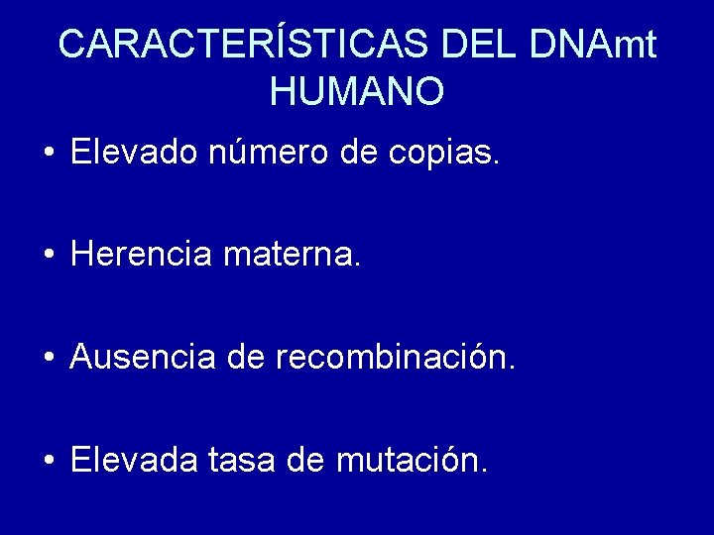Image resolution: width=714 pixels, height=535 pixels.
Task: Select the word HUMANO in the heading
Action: click(356, 92)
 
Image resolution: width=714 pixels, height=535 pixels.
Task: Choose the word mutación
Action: click(413, 460)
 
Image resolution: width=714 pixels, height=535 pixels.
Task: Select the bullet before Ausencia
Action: click(48, 360)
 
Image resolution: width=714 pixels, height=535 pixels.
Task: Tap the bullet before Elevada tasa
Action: click(48, 462)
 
